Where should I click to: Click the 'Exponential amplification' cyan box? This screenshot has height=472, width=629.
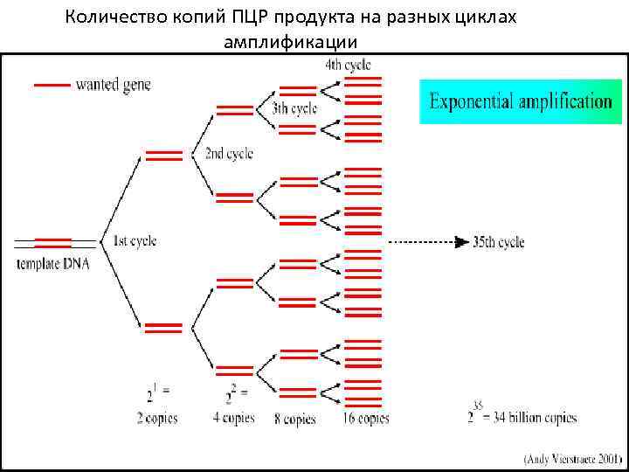pyautogui.click(x=521, y=101)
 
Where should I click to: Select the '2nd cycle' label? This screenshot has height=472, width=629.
pyautogui.click(x=229, y=154)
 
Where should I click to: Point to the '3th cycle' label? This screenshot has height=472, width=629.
pyautogui.click(x=294, y=109)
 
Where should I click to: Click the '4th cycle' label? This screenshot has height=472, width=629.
pyautogui.click(x=347, y=65)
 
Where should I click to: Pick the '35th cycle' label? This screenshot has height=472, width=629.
pyautogui.click(x=498, y=241)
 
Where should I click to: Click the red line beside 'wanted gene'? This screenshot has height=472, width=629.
pyautogui.click(x=52, y=85)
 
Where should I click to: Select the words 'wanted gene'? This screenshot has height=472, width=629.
pyautogui.click(x=114, y=85)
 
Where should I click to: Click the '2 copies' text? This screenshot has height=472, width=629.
pyautogui.click(x=157, y=418)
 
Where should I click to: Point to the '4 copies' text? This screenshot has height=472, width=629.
pyautogui.click(x=233, y=418)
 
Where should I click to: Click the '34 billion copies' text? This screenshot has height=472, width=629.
pyautogui.click(x=532, y=418)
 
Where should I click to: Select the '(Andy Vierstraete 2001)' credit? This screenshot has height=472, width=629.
pyautogui.click(x=573, y=456)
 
